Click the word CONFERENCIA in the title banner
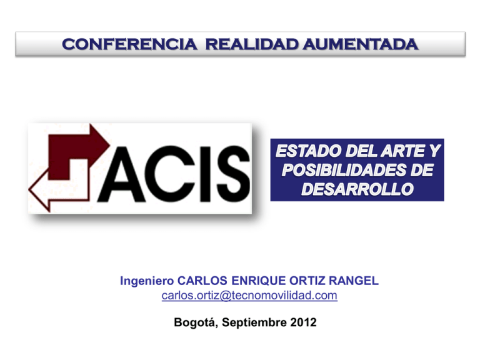point(129,44)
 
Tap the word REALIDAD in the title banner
point(252,44)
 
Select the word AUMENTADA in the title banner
point(360,44)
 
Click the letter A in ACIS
point(121,174)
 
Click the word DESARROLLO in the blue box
point(357,189)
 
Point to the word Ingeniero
point(147,281)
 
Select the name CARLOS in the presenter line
point(202,281)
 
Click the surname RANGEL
point(354,281)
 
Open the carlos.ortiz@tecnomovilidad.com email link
point(249,296)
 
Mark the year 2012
point(303,322)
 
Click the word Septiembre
point(254,322)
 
